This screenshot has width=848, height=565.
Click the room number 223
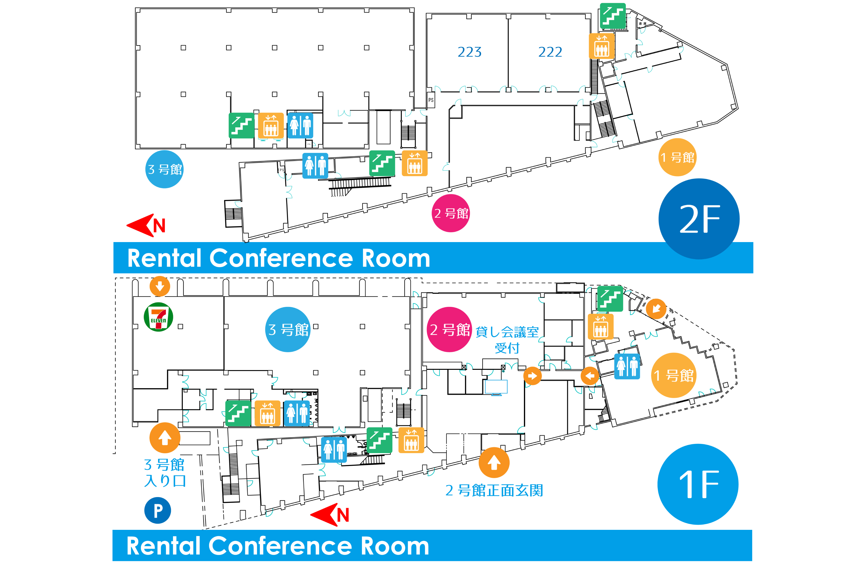click(469, 52)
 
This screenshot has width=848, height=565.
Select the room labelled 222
click(550, 52)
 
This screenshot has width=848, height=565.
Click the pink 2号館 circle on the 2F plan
click(451, 213)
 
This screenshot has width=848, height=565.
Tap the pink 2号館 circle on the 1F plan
click(449, 329)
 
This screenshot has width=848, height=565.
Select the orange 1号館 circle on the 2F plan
click(677, 157)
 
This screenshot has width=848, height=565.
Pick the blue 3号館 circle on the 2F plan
click(165, 169)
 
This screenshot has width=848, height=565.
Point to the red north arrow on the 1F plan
click(330, 515)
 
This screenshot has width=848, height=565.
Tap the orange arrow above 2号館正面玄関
click(494, 463)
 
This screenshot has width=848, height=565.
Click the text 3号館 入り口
click(165, 473)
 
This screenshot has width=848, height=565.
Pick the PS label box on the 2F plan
click(431, 100)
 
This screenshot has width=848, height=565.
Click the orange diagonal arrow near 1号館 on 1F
click(656, 309)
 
